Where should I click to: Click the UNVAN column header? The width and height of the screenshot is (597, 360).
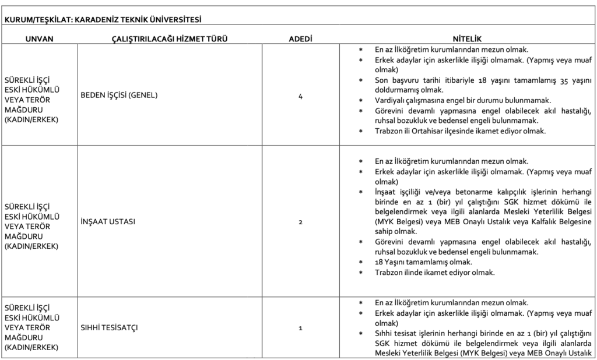pyautogui.click(x=39, y=38)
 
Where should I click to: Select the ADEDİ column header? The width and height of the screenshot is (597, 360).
pyautogui.click(x=301, y=38)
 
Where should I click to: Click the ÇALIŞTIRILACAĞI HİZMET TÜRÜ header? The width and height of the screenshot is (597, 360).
pyautogui.click(x=169, y=38)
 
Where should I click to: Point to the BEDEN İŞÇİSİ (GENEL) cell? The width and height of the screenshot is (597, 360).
pyautogui.click(x=120, y=95)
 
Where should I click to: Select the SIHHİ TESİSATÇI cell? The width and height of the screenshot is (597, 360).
pyautogui.click(x=109, y=328)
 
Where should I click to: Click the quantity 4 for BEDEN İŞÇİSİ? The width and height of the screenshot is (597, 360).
pyautogui.click(x=300, y=96)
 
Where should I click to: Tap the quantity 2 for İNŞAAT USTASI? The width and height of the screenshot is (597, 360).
pyautogui.click(x=300, y=221)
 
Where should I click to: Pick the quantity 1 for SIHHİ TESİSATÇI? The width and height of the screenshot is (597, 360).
pyautogui.click(x=300, y=328)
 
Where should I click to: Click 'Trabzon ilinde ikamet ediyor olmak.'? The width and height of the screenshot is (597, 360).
pyautogui.click(x=435, y=273)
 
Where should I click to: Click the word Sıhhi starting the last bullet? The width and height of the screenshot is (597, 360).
pyautogui.click(x=384, y=333)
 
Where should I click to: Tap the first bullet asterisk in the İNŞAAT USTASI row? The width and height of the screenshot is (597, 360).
pyautogui.click(x=361, y=161)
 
